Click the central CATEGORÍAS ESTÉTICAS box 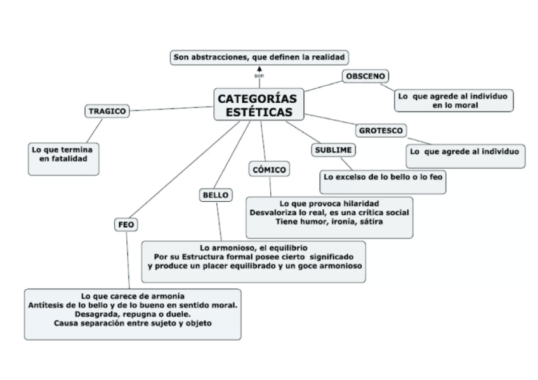(x=259, y=105)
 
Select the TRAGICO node (x=107, y=111)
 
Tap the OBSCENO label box (x=366, y=76)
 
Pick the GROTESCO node (x=381, y=131)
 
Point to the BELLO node (x=215, y=195)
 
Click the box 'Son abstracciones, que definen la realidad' (x=260, y=58)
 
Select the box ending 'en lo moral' (x=454, y=100)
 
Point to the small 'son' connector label (x=259, y=75)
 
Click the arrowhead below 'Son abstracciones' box (x=259, y=67)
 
